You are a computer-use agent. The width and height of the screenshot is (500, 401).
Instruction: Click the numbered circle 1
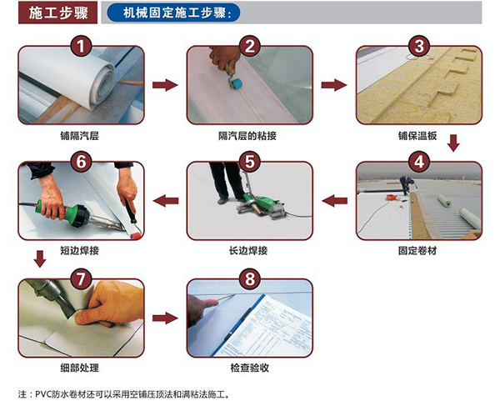[x=81, y=46]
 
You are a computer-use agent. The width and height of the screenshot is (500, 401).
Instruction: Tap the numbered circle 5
[x=250, y=161]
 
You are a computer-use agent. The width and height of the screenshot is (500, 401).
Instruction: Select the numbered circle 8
[x=250, y=278]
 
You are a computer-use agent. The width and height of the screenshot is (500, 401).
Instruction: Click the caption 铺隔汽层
[x=80, y=136]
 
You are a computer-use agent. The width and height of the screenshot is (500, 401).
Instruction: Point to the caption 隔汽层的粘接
[x=247, y=136]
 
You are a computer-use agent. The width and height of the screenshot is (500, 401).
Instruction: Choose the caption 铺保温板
[x=417, y=136]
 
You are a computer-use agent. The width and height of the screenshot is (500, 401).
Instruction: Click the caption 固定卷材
[x=417, y=251]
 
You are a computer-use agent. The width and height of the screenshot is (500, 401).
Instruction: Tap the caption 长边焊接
[x=248, y=251]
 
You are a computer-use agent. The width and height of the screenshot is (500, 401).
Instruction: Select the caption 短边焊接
[x=80, y=251]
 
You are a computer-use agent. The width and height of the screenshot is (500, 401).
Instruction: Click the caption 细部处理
[x=80, y=368]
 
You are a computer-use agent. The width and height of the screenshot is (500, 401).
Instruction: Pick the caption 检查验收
[x=250, y=368]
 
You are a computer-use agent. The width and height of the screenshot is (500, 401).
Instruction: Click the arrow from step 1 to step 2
[x=165, y=85]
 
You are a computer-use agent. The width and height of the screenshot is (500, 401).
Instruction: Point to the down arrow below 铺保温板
[x=453, y=143]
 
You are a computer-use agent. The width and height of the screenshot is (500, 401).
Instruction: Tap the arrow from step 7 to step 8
[x=165, y=318]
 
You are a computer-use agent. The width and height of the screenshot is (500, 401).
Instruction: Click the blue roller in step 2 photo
[x=237, y=84]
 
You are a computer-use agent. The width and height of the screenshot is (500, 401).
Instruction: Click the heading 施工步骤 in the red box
[x=58, y=13]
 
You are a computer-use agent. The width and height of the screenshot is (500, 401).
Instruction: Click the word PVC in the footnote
[x=42, y=394]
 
